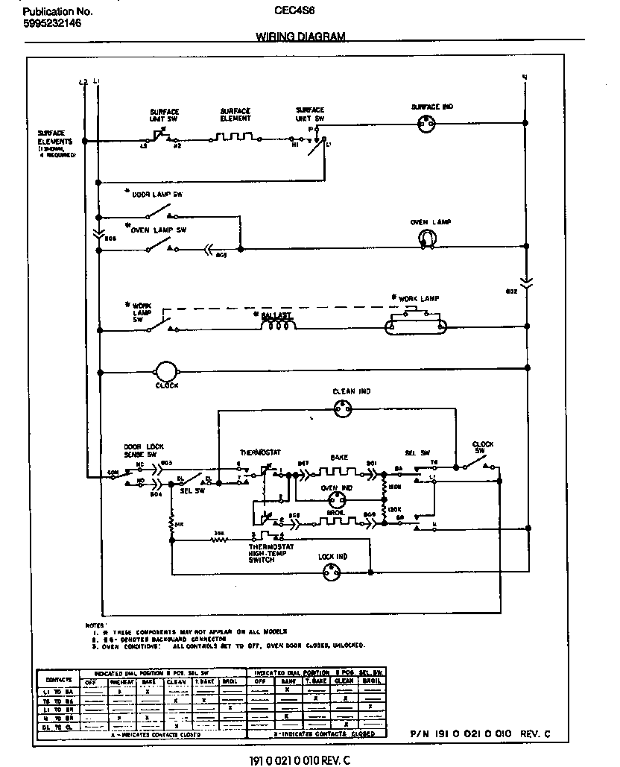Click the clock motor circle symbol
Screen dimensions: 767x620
[x=164, y=370]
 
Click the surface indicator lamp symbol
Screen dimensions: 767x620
[x=428, y=123]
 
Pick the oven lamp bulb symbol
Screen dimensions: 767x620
[x=426, y=238]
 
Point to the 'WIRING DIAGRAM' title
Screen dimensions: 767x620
[x=300, y=37]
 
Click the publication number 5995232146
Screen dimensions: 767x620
[x=51, y=23]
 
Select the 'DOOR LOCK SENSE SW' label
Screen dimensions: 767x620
[x=140, y=449]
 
